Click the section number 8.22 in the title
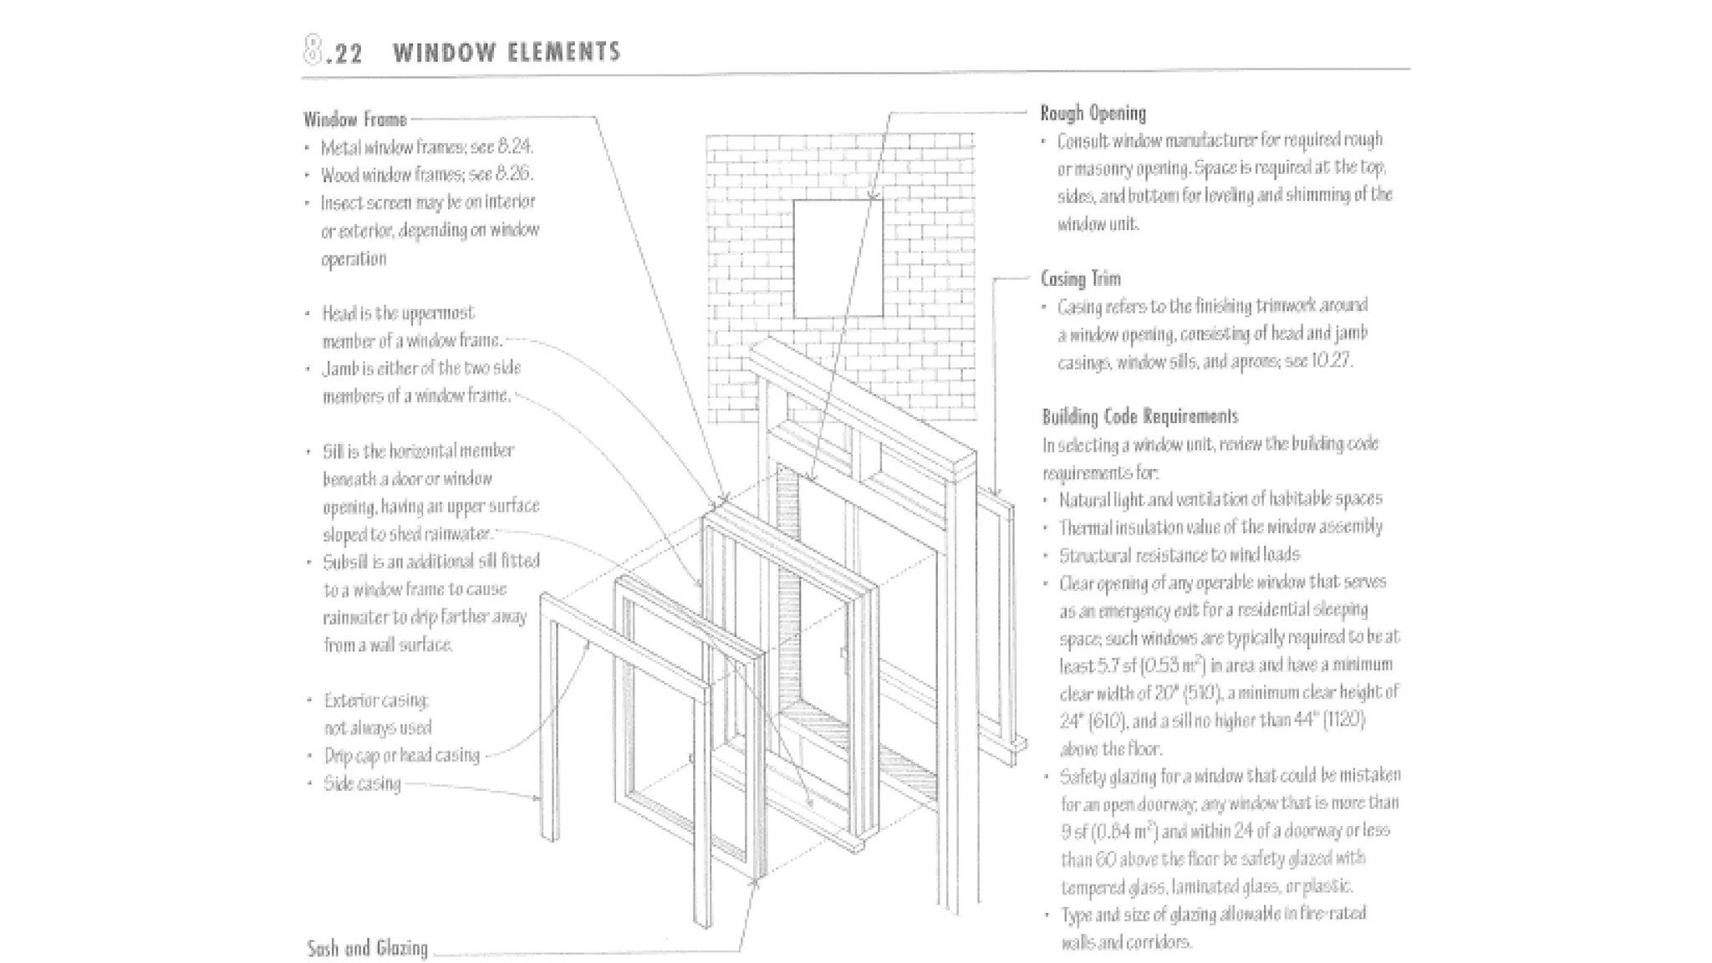(334, 52)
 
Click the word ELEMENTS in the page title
(564, 52)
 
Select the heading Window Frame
(355, 120)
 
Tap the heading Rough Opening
(1093, 113)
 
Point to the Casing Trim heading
(1080, 278)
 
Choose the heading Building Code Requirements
(1139, 416)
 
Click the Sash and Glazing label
(367, 948)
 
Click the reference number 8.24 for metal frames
(515, 147)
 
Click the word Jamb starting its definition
(340, 369)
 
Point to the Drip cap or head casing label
(402, 756)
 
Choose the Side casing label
(362, 784)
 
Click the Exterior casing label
(376, 701)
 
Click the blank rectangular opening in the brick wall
(837, 258)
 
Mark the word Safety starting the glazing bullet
(1084, 777)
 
